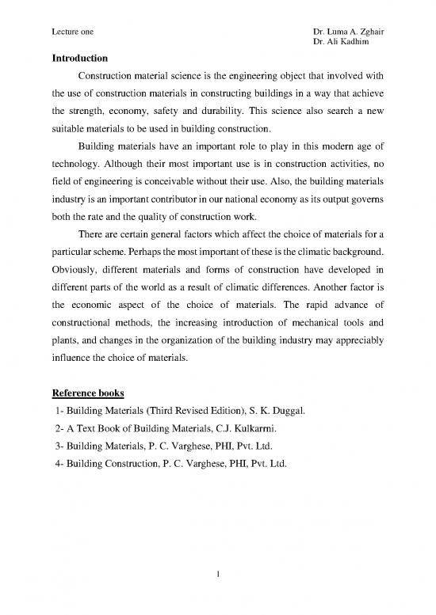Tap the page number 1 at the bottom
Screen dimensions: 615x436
click(218, 593)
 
